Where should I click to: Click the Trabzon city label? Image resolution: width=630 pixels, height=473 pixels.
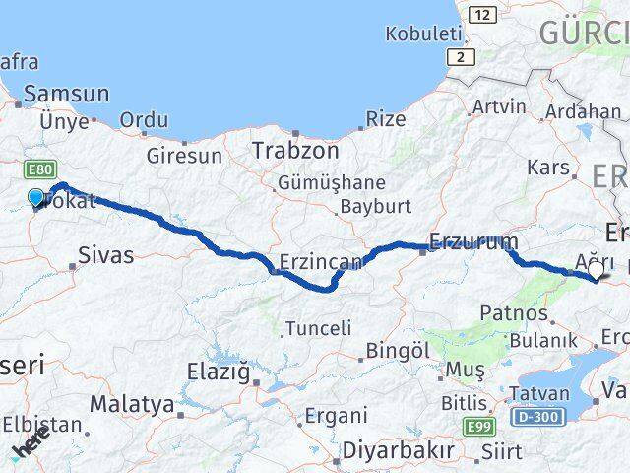click(295, 151)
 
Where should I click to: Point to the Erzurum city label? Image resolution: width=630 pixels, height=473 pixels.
click(473, 241)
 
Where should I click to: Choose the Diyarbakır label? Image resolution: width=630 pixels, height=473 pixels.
click(398, 450)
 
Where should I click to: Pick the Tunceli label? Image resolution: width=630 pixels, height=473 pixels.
click(318, 328)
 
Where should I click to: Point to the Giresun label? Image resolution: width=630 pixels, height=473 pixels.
click(184, 155)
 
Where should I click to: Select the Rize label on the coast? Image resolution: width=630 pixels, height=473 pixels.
click(385, 119)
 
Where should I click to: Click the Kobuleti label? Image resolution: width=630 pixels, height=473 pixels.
click(423, 34)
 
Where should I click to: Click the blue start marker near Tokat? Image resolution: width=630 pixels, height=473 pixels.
click(36, 198)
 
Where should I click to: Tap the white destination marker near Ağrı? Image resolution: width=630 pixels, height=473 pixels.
click(596, 268)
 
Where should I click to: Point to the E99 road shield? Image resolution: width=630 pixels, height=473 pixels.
click(477, 425)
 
